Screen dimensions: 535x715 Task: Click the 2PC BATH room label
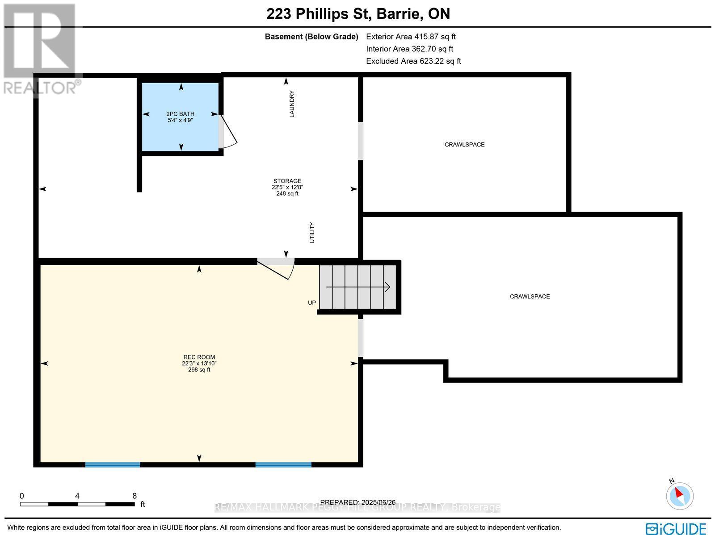[181, 114]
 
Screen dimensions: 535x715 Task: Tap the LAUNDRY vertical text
[292, 104]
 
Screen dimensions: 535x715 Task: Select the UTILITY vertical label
[312, 233]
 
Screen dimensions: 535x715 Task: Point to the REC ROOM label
[199, 357]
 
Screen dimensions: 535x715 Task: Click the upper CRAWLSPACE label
[464, 145]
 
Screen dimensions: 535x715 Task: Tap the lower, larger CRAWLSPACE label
[530, 297]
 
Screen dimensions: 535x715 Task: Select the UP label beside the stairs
[312, 303]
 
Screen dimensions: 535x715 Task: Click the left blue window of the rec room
[113, 464]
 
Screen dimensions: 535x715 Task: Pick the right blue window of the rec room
[283, 464]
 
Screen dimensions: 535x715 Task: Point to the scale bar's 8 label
[135, 496]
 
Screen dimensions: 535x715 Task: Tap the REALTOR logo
[40, 49]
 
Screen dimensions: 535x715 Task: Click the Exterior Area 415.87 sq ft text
[411, 37]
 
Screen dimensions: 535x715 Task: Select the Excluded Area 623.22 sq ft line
[413, 61]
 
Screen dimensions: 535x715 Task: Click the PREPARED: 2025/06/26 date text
[358, 502]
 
